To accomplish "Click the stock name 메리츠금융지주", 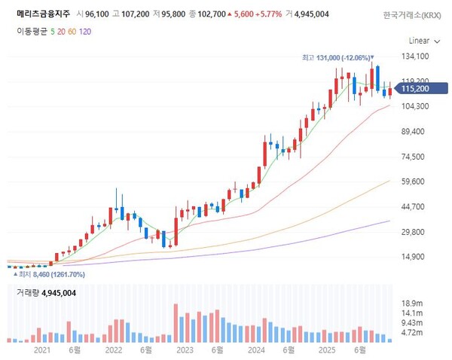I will coord(43,14).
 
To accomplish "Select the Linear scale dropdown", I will coord(420,40).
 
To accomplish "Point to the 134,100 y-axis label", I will coord(415,56).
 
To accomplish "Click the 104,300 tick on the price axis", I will coord(415,106).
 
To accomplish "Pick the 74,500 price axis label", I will coord(412,157).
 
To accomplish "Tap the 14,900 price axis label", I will coord(412,257).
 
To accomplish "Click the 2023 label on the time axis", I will coord(184,350).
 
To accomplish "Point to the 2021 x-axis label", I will coord(42,350).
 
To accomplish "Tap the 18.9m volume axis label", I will coord(410,303).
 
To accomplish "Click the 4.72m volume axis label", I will coord(410,332).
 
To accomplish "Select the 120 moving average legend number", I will coord(85,31).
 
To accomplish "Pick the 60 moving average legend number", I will coord(70,31).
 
